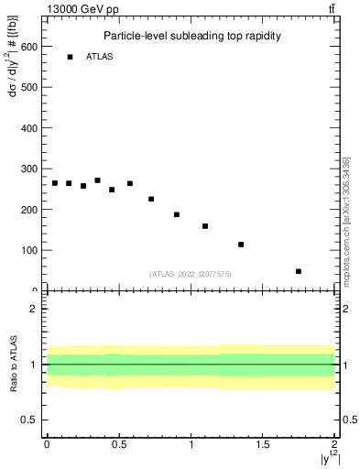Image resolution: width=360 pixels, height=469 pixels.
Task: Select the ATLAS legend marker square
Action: (70, 57)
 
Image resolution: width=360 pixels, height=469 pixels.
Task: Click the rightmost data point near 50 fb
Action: (299, 271)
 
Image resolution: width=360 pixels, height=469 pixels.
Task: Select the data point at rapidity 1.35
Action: (241, 245)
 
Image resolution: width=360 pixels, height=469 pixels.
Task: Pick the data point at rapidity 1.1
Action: (205, 226)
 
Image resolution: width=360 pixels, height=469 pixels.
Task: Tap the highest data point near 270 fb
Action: (97, 180)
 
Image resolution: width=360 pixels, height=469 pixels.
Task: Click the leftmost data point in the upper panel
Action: (54, 183)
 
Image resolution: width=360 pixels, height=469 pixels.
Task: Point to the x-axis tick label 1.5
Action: (263, 444)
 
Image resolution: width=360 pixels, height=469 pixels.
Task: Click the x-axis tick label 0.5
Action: (119, 444)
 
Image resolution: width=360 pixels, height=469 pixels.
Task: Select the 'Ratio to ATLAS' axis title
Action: (13, 364)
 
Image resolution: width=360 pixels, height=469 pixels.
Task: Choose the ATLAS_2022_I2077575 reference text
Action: (191, 273)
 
